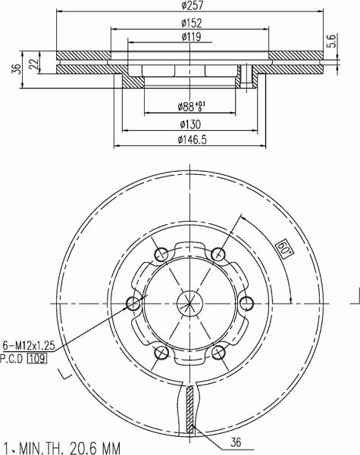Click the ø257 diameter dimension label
coord(192,5)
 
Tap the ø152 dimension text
coord(191,23)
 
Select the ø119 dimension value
coord(191,37)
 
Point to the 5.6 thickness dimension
coord(332,41)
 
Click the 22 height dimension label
coord(33,64)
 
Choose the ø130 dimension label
coord(190,124)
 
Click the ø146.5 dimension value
coord(192,140)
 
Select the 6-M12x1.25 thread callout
coord(29,345)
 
